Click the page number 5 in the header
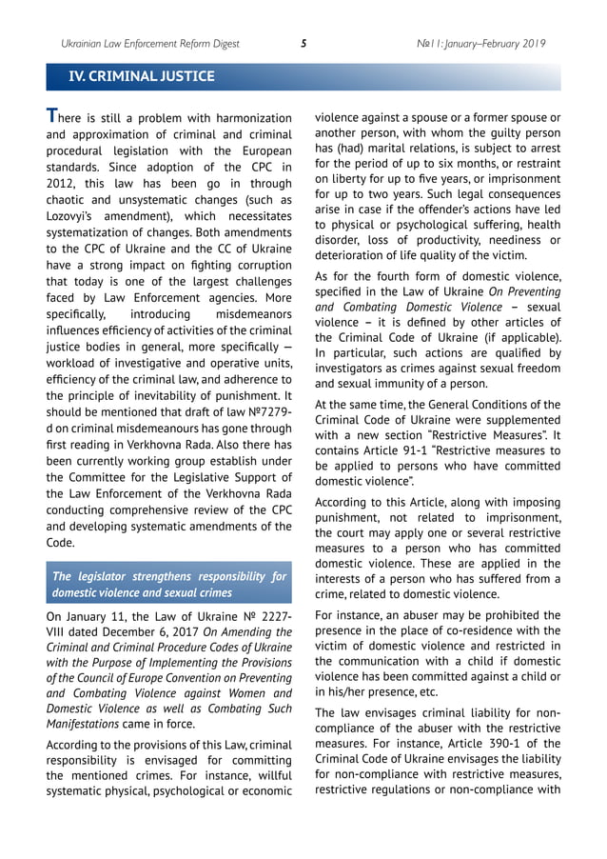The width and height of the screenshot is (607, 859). (x=303, y=43)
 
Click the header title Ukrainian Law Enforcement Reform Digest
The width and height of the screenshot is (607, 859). (x=150, y=43)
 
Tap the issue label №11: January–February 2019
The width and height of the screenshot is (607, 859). (x=481, y=43)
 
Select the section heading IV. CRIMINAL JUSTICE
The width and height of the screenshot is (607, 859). (x=135, y=76)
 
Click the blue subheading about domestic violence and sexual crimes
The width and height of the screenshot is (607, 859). (x=169, y=585)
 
